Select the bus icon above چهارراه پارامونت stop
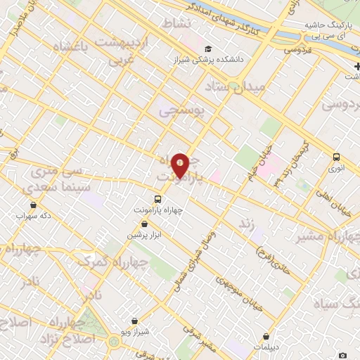(158, 198)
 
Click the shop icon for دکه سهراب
(33, 205)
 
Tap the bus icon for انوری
(336, 157)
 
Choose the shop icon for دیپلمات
(266, 337)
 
